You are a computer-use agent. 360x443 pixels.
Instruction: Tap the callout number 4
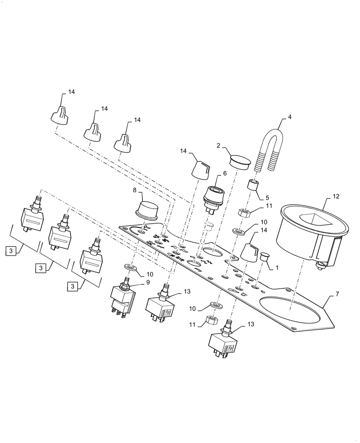289,117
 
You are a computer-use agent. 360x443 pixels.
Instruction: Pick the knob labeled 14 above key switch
201,169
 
